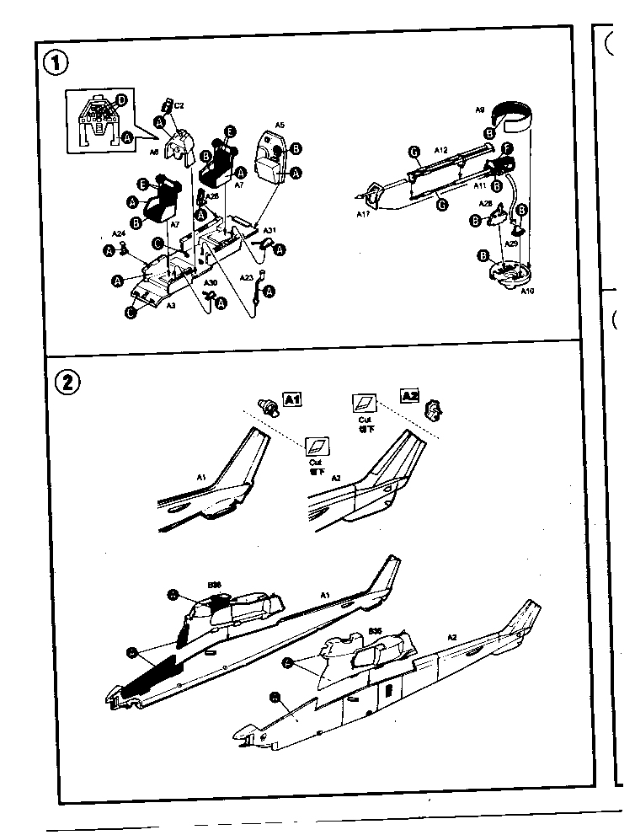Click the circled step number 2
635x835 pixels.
pos(67,382)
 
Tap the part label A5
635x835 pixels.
pos(280,125)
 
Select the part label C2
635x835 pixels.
pos(179,105)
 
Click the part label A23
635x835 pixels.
pos(246,276)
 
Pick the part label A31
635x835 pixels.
pos(269,230)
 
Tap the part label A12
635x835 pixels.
pos(440,149)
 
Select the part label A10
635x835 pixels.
pos(527,291)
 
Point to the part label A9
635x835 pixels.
pos(479,110)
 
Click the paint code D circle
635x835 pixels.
pos(122,100)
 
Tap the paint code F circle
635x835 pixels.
pos(507,148)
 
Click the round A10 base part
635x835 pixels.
pos(509,275)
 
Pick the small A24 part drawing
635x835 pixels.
pos(125,247)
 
